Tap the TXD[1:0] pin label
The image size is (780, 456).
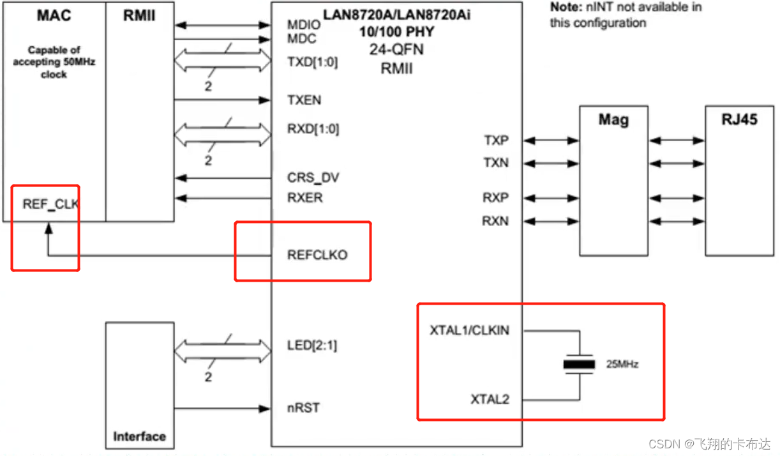[313, 63]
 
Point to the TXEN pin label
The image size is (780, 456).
[304, 100]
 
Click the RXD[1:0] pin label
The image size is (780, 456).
[313, 129]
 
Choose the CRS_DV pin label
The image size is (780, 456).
[313, 178]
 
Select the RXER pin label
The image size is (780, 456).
[305, 198]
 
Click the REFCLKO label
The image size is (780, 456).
[318, 255]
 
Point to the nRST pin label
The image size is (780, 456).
[304, 407]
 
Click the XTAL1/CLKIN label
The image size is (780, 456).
[470, 331]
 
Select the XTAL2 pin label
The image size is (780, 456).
[490, 400]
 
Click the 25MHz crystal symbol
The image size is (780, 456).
[578, 365]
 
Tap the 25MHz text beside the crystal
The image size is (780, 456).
[622, 365]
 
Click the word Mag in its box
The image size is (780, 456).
[613, 120]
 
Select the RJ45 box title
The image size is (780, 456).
[739, 120]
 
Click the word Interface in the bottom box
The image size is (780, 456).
[139, 437]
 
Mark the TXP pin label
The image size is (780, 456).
[496, 140]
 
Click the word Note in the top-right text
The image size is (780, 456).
[565, 8]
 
